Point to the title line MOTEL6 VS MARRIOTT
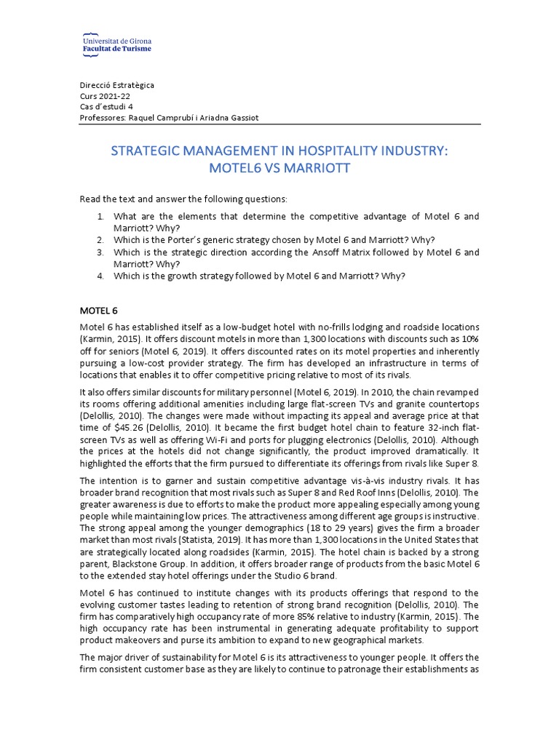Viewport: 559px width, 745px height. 280,169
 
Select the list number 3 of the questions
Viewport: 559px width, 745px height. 100,252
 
